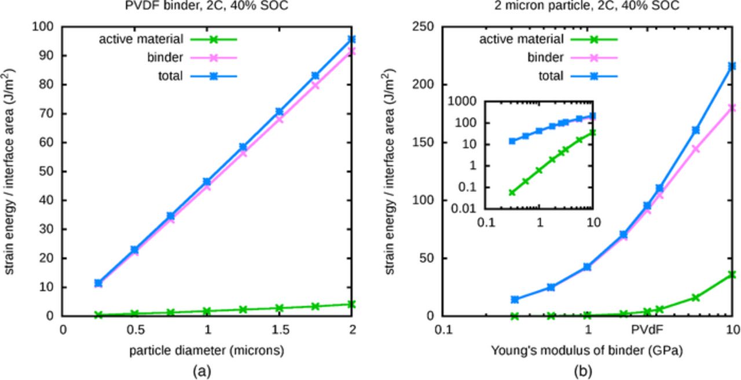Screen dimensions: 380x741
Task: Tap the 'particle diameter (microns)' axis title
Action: pos(207,350)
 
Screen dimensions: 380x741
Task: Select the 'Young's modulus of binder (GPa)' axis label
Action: pos(587,350)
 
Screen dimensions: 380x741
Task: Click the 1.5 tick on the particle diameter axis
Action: pos(280,330)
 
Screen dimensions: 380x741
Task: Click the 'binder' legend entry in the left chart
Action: pos(166,57)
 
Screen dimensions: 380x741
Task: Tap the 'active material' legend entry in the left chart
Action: pos(141,39)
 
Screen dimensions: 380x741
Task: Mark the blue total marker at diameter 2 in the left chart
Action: pos(352,39)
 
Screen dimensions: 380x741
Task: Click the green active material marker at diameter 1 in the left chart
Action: pos(207,311)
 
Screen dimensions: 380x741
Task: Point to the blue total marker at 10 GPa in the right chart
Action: pos(732,66)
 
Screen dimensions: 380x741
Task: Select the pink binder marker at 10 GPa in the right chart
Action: pos(732,108)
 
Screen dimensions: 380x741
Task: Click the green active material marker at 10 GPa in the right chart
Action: pos(732,275)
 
